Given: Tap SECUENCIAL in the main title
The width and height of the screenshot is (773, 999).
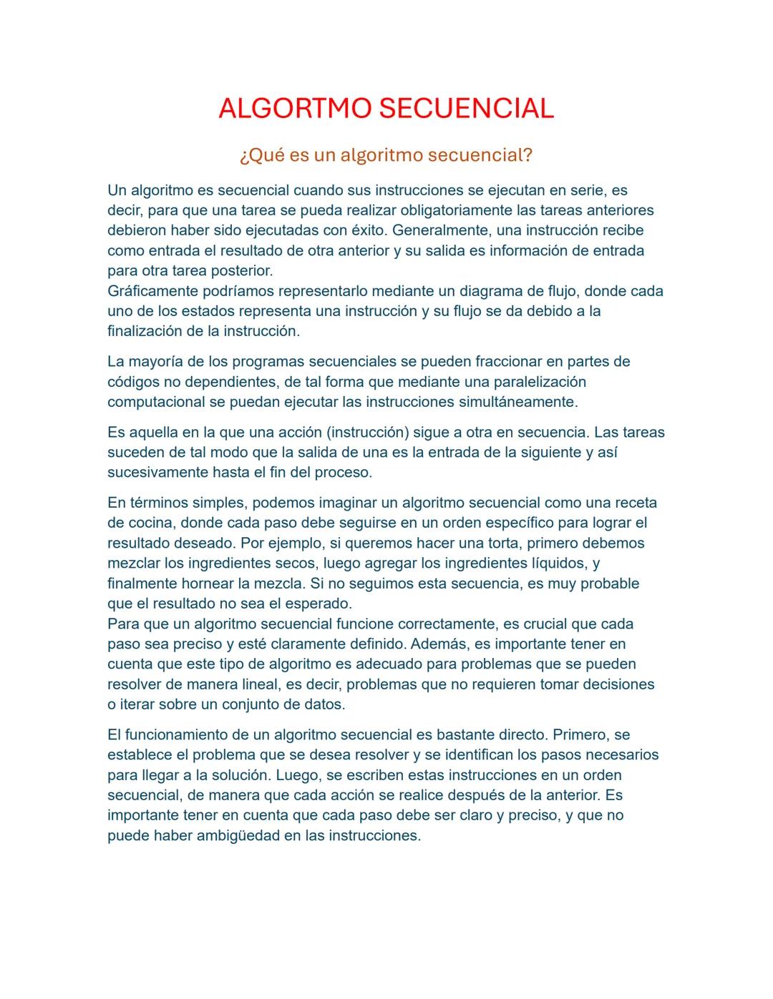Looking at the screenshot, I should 466,109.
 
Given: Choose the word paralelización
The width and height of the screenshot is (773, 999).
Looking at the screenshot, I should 540,381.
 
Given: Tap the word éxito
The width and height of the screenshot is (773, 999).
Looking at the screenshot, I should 367,230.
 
